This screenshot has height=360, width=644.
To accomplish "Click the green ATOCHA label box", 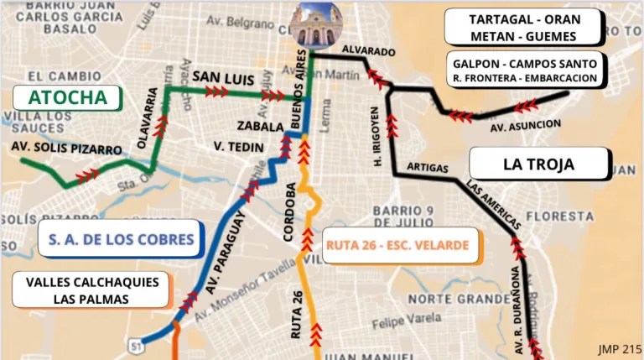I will point(68,97).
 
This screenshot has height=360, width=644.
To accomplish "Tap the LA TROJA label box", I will point(538,164).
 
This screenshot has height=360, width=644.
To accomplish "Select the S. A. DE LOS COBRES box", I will point(121,239).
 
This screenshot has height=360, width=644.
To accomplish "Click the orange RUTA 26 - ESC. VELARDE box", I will point(397,246).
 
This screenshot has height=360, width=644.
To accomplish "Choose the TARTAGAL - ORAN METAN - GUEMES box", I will point(523,27).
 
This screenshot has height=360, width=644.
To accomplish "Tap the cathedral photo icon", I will point(315,25).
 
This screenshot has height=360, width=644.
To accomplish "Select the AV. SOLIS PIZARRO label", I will point(67,149).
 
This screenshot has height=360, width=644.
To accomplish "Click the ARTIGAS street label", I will point(428,168).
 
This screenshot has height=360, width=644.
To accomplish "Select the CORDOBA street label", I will point(289,212).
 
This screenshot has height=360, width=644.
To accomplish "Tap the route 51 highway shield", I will point(135,345).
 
